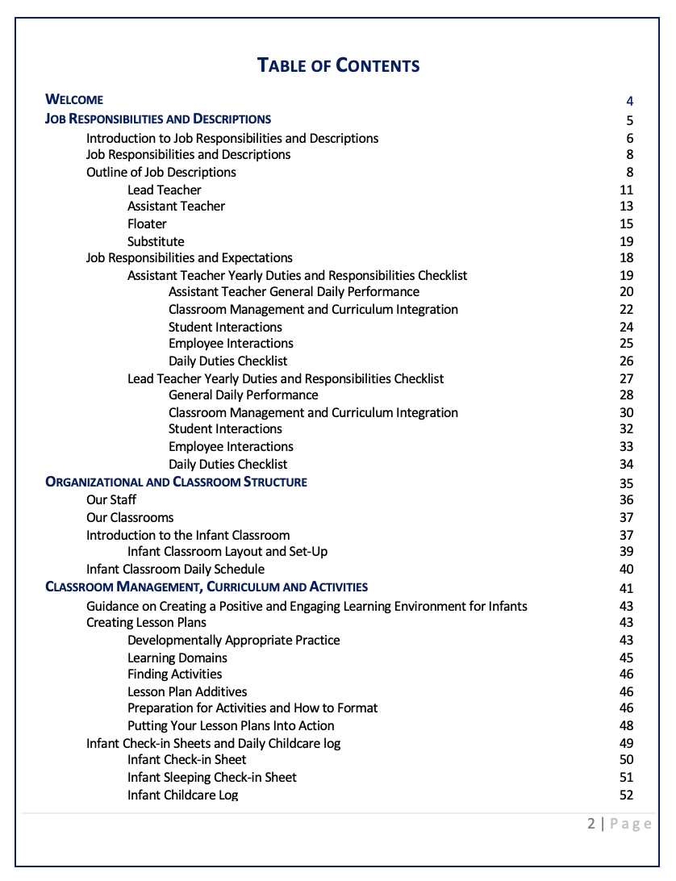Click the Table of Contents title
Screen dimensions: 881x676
[x=338, y=65]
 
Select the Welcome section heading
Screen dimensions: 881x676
[x=74, y=100]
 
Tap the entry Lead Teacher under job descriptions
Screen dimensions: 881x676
[x=164, y=190]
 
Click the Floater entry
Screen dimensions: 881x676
[x=147, y=224]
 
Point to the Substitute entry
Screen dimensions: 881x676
[x=156, y=242]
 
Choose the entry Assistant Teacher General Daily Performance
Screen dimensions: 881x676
[x=294, y=292]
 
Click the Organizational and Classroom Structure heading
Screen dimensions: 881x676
[x=176, y=482]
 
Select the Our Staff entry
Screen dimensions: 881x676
[x=111, y=500]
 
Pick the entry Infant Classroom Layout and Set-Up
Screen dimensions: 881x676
[x=227, y=552]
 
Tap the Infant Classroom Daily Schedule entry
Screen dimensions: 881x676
[x=175, y=570]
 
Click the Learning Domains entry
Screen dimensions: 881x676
[x=177, y=658]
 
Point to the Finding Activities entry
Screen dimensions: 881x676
[x=174, y=674]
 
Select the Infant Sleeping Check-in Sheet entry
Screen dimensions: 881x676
[x=212, y=778]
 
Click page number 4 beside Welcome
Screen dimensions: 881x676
[x=629, y=102]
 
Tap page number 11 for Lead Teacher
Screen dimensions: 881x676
[x=627, y=190]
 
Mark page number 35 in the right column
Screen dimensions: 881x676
[x=627, y=484]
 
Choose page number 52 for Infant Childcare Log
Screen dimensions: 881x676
[x=627, y=795]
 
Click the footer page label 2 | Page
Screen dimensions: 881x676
[x=619, y=824]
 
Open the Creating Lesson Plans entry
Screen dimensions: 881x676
[x=146, y=623]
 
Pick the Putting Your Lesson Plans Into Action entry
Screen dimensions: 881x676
[x=231, y=726]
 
